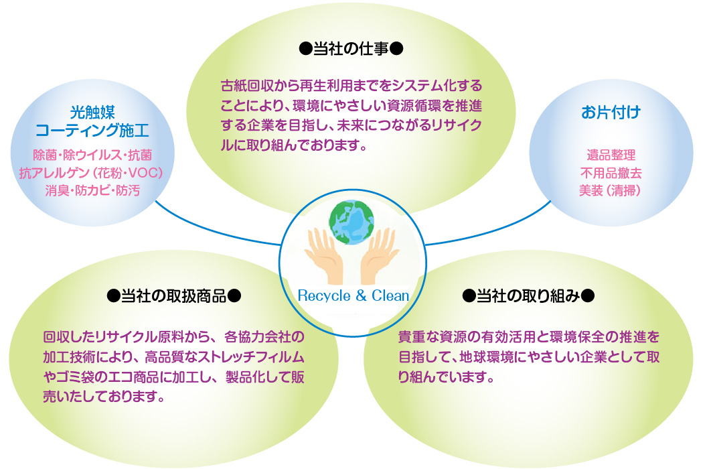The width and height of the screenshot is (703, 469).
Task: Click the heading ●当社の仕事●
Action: (x=351, y=48)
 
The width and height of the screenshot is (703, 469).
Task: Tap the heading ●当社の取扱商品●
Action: (x=174, y=296)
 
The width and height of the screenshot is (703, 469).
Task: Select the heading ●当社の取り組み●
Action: (x=528, y=296)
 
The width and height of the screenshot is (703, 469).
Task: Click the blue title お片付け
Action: (x=611, y=112)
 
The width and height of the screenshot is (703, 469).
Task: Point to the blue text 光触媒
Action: (x=92, y=112)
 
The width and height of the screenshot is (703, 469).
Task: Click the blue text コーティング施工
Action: (x=92, y=131)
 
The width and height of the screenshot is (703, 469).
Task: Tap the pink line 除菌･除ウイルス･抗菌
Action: (x=92, y=155)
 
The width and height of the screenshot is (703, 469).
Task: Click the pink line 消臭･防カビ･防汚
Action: (x=92, y=191)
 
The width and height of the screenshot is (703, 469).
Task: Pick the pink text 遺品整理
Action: (x=611, y=155)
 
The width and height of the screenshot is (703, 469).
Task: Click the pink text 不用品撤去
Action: (x=611, y=174)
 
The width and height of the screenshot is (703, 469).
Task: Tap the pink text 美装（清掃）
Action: (x=610, y=191)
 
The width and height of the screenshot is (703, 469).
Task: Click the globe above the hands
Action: (x=351, y=222)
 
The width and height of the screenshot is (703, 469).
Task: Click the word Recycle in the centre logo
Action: (x=324, y=296)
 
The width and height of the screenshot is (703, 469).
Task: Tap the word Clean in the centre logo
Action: (x=390, y=295)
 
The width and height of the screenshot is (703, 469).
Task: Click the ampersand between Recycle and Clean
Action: (x=362, y=295)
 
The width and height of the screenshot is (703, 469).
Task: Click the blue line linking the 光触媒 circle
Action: (x=215, y=230)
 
